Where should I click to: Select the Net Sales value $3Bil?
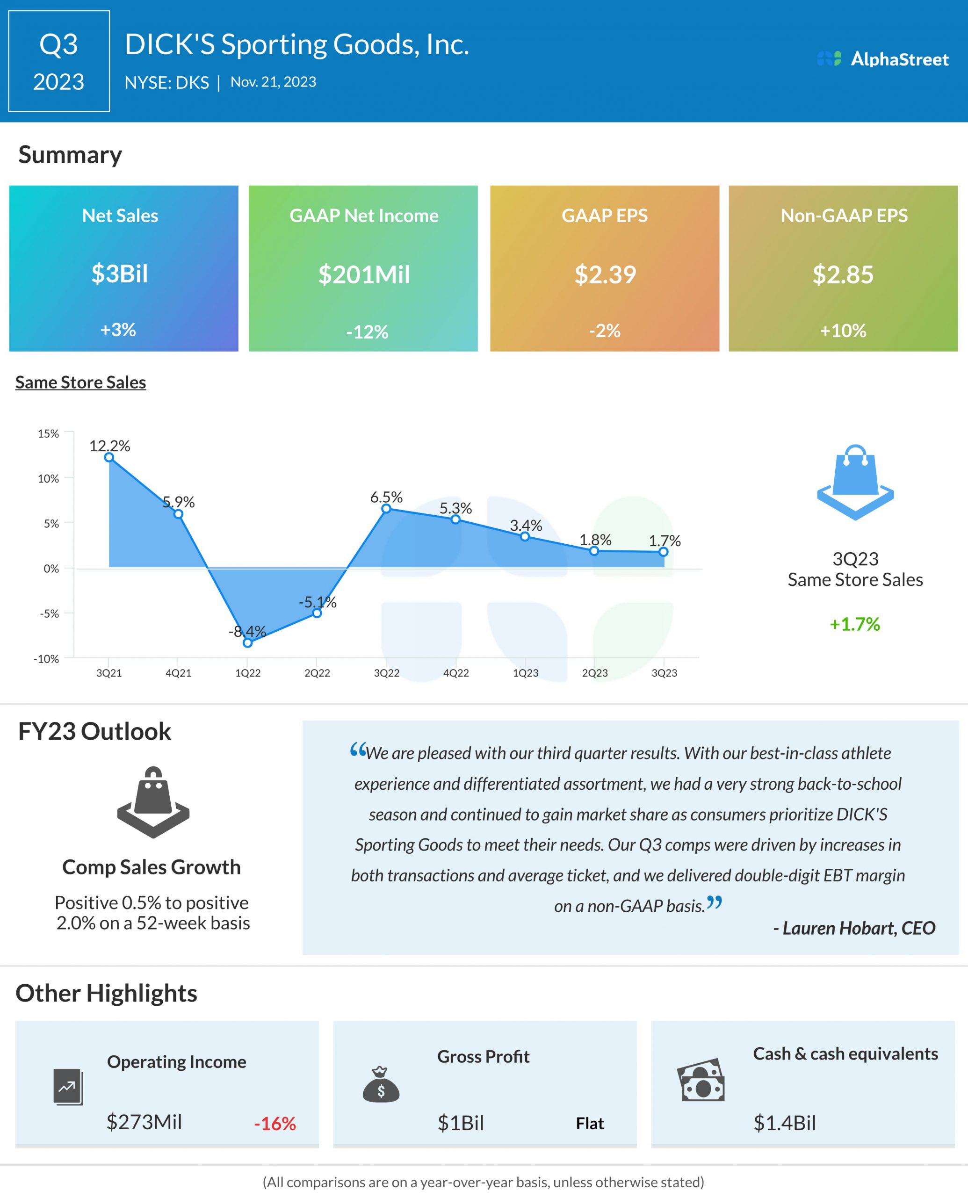pyautogui.click(x=119, y=274)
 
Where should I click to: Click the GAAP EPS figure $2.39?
pyautogui.click(x=605, y=274)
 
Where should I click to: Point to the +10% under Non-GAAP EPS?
pyautogui.click(x=843, y=331)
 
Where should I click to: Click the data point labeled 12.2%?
pyautogui.click(x=109, y=457)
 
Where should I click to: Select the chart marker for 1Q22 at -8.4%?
pyautogui.click(x=247, y=643)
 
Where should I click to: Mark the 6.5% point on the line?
pyautogui.click(x=386, y=508)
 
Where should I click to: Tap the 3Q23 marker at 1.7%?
pyautogui.click(x=664, y=552)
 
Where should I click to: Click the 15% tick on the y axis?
pyautogui.click(x=48, y=433)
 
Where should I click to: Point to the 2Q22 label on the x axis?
pyautogui.click(x=317, y=673)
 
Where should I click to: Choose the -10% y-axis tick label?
pyautogui.click(x=46, y=658)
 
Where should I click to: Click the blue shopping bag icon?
pyautogui.click(x=855, y=482)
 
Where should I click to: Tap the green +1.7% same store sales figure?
pyautogui.click(x=854, y=624)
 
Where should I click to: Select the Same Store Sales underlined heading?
pyautogui.click(x=80, y=382)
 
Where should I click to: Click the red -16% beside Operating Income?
pyautogui.click(x=275, y=1124)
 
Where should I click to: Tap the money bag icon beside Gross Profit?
pyautogui.click(x=381, y=1084)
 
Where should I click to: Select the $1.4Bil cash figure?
pyautogui.click(x=785, y=1122)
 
